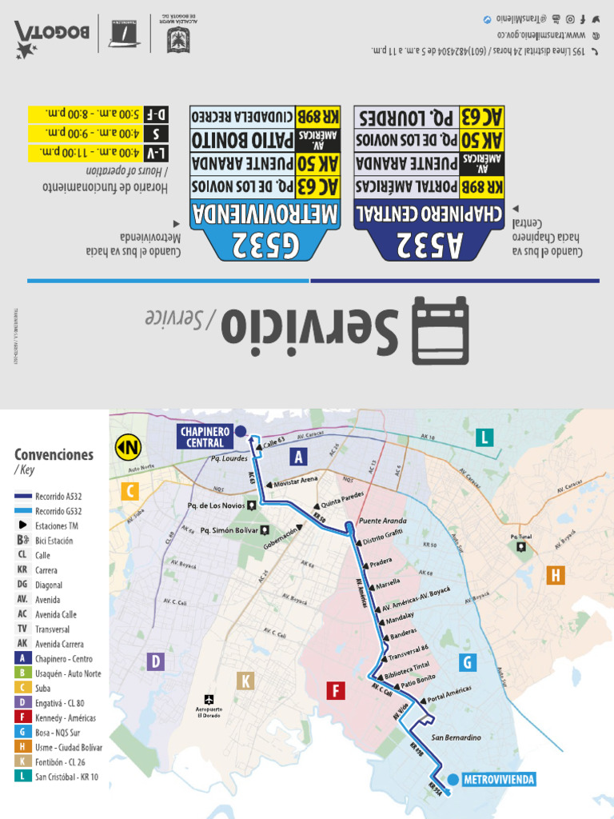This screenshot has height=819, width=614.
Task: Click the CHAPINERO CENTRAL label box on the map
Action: (205, 437)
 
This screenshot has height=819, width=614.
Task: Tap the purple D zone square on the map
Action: (156, 661)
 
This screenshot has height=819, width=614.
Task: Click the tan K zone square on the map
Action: (246, 681)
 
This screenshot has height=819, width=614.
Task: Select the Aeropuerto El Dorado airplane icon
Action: (209, 698)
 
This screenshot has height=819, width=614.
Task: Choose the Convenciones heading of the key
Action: (54, 455)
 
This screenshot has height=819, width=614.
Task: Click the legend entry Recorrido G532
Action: (59, 511)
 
